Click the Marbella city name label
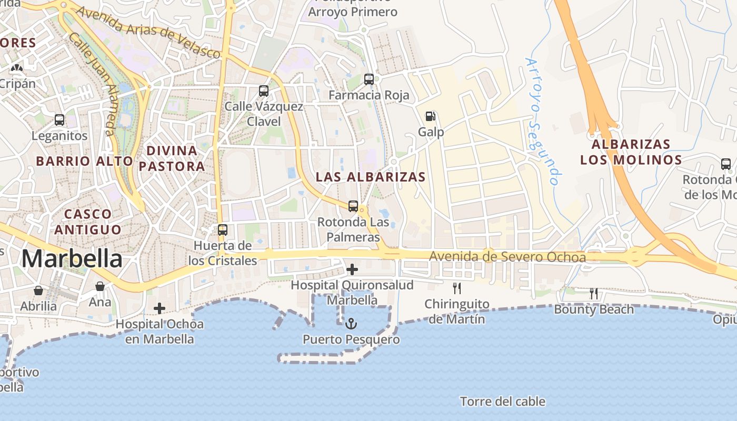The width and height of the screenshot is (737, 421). click(72, 259)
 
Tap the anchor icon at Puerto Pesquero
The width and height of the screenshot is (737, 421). click(351, 324)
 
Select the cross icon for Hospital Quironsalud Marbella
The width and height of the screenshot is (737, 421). click(352, 269)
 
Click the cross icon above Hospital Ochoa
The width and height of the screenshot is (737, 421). click(160, 308)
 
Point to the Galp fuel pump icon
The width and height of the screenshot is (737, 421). click(431, 116)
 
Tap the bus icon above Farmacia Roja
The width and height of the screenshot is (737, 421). click(369, 79)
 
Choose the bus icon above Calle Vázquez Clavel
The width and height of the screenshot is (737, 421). click(264, 91)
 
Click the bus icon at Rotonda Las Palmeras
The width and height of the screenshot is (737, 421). click(353, 206)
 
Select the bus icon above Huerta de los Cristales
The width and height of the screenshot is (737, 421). click(223, 230)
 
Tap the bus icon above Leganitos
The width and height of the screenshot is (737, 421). click(59, 120)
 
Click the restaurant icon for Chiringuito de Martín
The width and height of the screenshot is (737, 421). click(457, 288)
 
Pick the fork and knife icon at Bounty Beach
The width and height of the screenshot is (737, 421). click(594, 294)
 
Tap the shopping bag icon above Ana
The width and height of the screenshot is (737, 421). click(100, 286)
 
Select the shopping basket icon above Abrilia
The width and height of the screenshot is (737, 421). click(38, 290)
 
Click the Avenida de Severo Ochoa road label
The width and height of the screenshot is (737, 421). click(507, 257)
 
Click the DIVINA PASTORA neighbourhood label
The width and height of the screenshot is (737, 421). click(172, 158)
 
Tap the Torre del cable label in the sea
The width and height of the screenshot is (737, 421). click(503, 402)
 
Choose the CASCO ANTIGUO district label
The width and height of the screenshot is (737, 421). click(87, 222)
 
